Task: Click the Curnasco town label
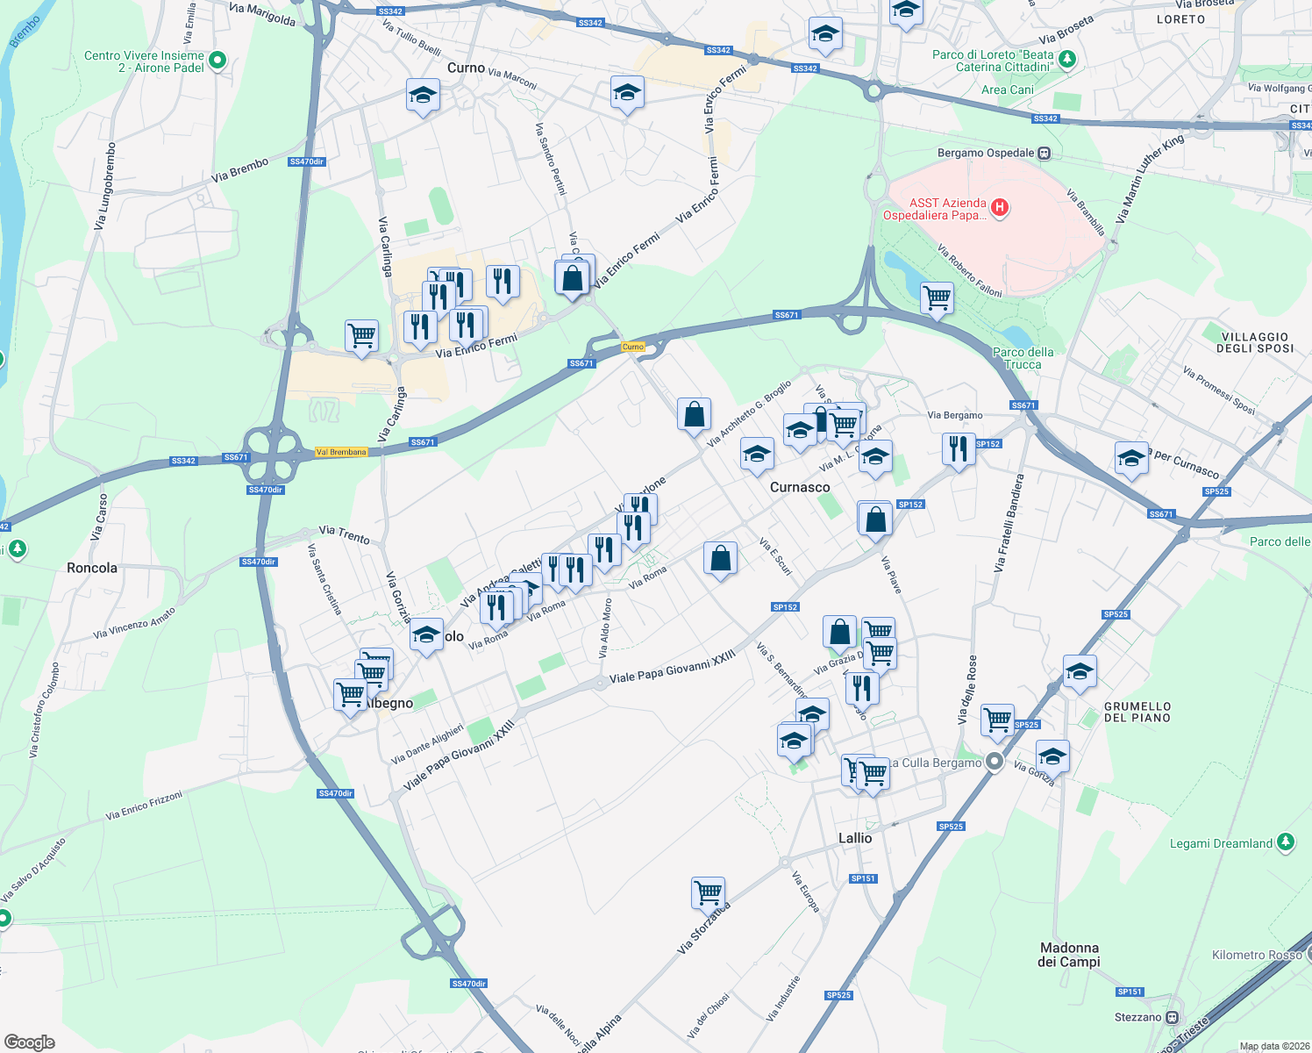pyautogui.click(x=799, y=487)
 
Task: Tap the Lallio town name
pyautogui.click(x=855, y=838)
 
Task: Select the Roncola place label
pyautogui.click(x=92, y=568)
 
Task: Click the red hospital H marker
pyautogui.click(x=999, y=208)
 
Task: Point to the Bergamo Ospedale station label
pyautogui.click(x=986, y=153)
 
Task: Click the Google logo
pyautogui.click(x=29, y=1042)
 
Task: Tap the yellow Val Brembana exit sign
pyautogui.click(x=341, y=452)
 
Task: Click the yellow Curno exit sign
pyautogui.click(x=632, y=347)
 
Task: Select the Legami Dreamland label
pyautogui.click(x=1221, y=843)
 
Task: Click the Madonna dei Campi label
pyautogui.click(x=1069, y=955)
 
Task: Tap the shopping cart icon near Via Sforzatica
pyautogui.click(x=708, y=892)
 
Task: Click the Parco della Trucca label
pyautogui.click(x=1023, y=358)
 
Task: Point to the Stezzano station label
pyautogui.click(x=1137, y=1017)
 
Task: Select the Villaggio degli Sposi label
pyautogui.click(x=1254, y=342)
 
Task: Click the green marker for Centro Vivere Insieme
pyautogui.click(x=217, y=61)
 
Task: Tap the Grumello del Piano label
pyautogui.click(x=1137, y=712)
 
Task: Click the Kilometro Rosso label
pyautogui.click(x=1257, y=955)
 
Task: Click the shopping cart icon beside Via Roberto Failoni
pyautogui.click(x=937, y=297)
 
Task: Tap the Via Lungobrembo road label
pyautogui.click(x=104, y=186)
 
